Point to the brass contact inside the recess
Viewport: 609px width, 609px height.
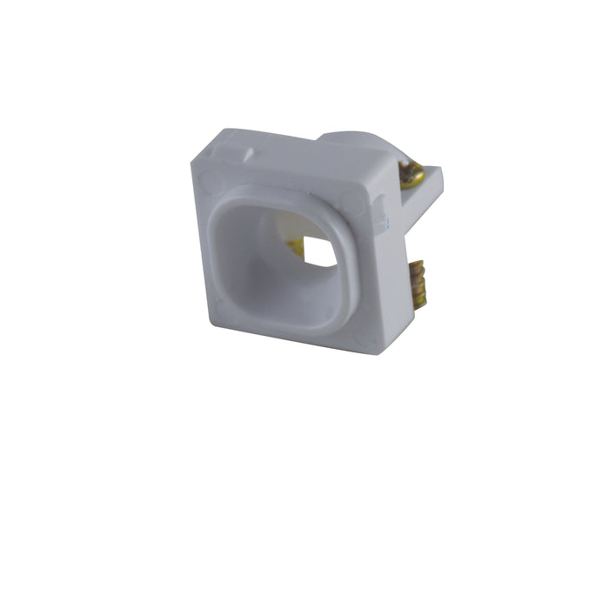point(297,246)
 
